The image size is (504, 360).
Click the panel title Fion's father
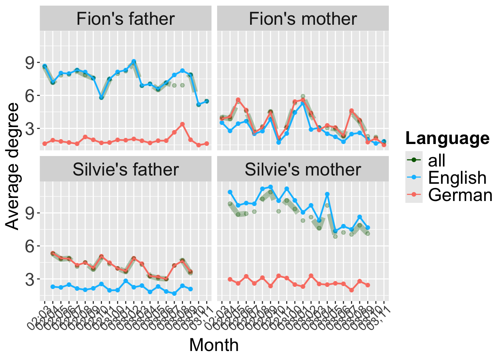pos(125,19)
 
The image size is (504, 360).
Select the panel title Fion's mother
pos(303,19)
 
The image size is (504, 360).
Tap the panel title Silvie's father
pos(125,169)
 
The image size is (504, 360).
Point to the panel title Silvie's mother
pos(303,169)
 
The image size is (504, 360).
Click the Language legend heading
pos(447,138)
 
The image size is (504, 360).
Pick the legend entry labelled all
pos(436,160)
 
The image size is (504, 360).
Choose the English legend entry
pos(457,178)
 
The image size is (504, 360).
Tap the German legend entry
pos(460,195)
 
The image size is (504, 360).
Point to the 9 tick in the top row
pos(30,62)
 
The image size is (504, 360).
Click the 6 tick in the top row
pos(30,96)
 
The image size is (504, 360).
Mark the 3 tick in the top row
pos(30,129)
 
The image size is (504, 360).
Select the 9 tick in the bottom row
pos(30,213)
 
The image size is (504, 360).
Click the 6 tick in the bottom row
pos(30,246)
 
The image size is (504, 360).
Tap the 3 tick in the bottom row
pos(30,279)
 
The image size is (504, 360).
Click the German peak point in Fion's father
pos(182,124)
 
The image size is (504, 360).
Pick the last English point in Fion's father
pos(207,101)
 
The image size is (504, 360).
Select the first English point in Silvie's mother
pos(230,192)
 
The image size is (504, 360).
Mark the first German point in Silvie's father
pos(53,253)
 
